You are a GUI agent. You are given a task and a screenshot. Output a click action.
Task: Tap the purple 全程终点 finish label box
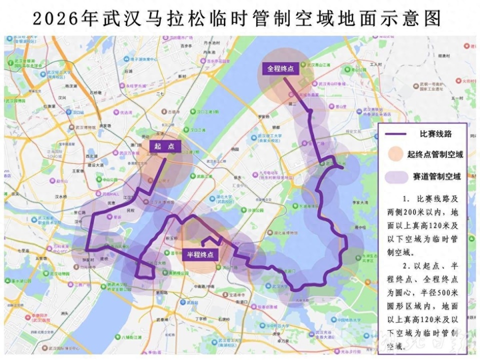[280, 69]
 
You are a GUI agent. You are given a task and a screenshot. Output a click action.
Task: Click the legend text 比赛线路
[435, 134]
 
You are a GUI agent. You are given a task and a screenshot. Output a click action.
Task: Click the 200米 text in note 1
[420, 208]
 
